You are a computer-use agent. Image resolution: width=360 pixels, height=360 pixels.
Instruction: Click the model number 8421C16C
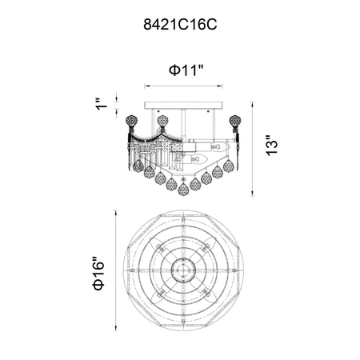pyautogui.click(x=180, y=25)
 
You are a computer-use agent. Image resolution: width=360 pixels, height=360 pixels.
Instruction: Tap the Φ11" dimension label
pyautogui.click(x=186, y=70)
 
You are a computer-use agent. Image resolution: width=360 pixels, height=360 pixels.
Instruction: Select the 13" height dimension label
pyautogui.click(x=272, y=146)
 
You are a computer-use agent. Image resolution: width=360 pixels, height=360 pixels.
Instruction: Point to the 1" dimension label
pyautogui.click(x=102, y=104)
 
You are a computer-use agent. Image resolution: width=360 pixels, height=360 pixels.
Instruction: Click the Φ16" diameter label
pyautogui.click(x=98, y=273)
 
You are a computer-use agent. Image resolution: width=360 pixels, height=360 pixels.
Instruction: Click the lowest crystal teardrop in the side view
pyautogui.click(x=183, y=190)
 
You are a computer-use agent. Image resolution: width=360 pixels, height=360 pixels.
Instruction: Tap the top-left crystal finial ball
pyautogui.click(x=131, y=121)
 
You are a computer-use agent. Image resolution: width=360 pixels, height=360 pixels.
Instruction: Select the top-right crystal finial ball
pyautogui.click(x=235, y=121)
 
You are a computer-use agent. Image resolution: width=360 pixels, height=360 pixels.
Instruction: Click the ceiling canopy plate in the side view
pyautogui.click(x=184, y=105)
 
